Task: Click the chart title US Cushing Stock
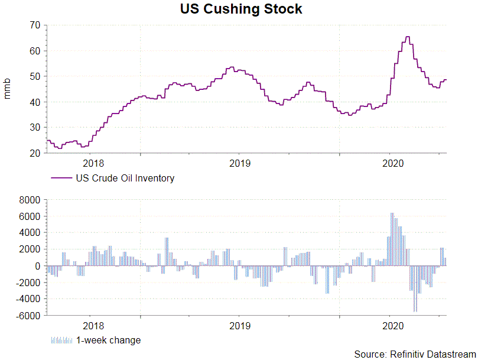coord(240,9)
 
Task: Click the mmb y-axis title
coord(8,89)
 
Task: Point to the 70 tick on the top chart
coord(33,25)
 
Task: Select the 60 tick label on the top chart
coord(33,51)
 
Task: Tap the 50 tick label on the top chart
coord(33,76)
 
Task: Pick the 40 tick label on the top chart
coord(33,102)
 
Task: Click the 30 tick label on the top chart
coord(33,127)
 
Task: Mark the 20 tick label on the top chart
coord(33,153)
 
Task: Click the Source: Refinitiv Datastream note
coord(414,353)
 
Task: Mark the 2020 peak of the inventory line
coord(408,37)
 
